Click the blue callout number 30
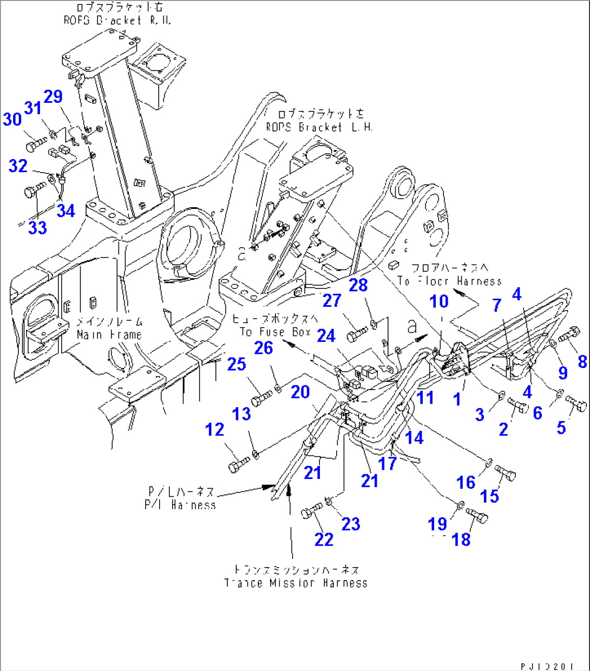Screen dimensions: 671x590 click(x=12, y=119)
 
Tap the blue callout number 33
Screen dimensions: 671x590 click(x=37, y=228)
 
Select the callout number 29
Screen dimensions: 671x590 click(x=53, y=97)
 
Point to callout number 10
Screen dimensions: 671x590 click(x=439, y=301)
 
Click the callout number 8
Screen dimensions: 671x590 click(x=582, y=361)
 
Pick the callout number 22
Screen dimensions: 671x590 click(x=324, y=540)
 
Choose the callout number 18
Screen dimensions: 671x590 click(x=461, y=540)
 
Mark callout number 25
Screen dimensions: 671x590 click(x=237, y=364)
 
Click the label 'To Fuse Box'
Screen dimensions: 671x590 click(x=276, y=332)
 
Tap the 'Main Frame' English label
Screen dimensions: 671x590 click(x=110, y=335)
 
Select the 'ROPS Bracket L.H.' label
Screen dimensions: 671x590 click(x=319, y=127)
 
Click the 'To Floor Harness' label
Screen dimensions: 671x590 click(x=449, y=281)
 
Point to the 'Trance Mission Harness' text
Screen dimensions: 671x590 click(x=296, y=583)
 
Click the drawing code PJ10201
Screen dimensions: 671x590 click(x=547, y=666)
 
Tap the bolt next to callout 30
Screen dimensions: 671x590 click(x=36, y=144)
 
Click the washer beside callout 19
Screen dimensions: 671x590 click(x=460, y=505)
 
